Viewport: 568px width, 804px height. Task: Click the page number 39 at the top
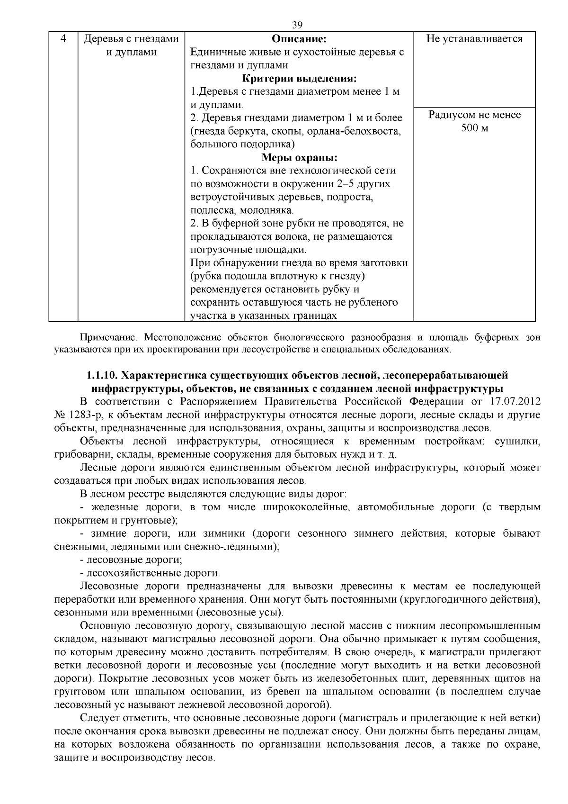[297, 25]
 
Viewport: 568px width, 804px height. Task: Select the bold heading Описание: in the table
[299, 39]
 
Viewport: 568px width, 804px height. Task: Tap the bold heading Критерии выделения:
[299, 79]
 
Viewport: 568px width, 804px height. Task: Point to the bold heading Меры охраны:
[299, 157]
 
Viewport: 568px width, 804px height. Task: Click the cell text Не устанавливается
[474, 39]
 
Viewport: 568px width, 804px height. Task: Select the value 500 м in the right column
[475, 128]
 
